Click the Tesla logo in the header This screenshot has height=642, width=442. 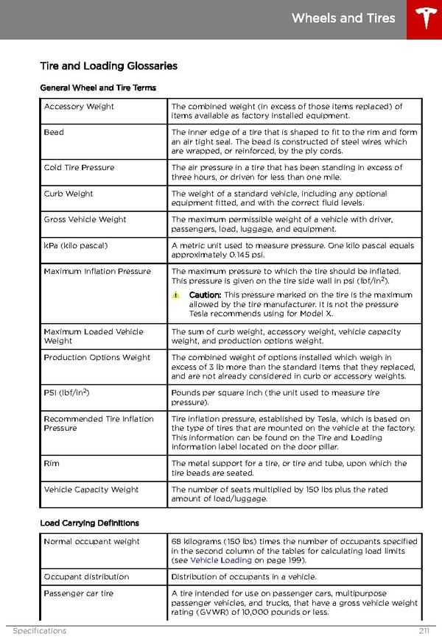424,19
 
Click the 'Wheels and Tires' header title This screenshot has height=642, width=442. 343,18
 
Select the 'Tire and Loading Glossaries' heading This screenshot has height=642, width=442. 108,66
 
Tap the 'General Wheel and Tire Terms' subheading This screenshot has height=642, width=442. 98,88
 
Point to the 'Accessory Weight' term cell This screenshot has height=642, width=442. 79,107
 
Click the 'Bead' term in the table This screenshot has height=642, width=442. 54,133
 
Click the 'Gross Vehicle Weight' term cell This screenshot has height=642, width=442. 85,219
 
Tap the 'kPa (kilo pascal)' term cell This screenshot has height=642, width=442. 76,245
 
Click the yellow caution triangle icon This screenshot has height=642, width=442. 176,295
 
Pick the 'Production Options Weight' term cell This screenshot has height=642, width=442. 97,358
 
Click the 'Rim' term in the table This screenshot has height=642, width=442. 52,464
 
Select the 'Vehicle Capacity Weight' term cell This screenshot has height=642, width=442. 91,490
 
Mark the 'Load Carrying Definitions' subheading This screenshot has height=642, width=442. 89,523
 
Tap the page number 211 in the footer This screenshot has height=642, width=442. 422,631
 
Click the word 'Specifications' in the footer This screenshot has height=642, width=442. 39,631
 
